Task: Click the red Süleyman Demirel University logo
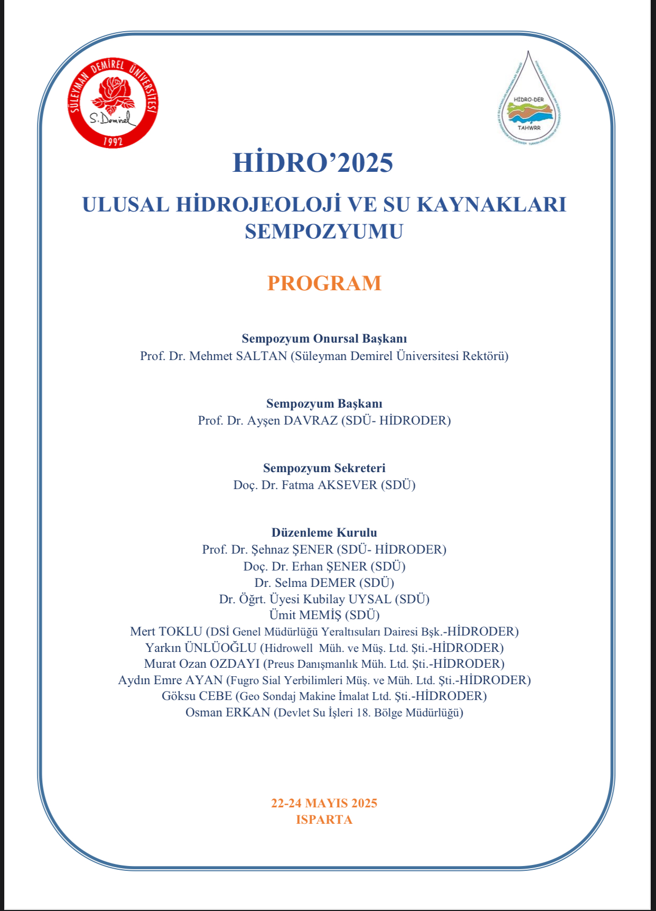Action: [x=113, y=103]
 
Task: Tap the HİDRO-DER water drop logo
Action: [x=529, y=100]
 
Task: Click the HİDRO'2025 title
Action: [x=313, y=162]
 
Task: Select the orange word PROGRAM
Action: [x=324, y=283]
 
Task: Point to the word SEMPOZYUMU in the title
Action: [x=324, y=232]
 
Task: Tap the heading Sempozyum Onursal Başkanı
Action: [x=324, y=338]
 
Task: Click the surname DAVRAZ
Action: [x=311, y=420]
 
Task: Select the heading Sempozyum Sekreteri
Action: [x=324, y=468]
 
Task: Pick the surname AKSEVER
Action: [x=347, y=485]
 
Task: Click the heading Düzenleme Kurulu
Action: [x=324, y=532]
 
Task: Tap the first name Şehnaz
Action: [x=270, y=549]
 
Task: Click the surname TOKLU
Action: [x=180, y=631]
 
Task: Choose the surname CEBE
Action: [x=215, y=696]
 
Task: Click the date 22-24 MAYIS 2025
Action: [x=324, y=803]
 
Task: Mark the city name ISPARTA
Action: [x=324, y=820]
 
